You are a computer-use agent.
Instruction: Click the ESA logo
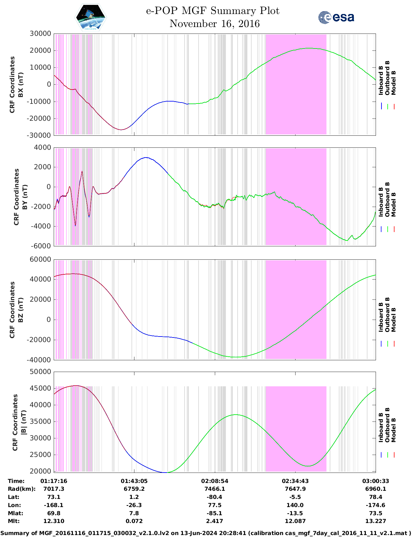[336, 17]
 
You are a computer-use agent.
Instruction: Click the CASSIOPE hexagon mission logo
[91, 17]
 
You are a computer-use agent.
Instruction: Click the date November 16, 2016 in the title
[214, 24]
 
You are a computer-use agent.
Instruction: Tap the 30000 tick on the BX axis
[40, 34]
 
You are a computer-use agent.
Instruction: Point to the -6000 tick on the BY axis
[41, 246]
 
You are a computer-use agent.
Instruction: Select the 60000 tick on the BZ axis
[40, 259]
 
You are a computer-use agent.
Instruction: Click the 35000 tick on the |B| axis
[40, 421]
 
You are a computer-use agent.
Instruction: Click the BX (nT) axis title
[21, 85]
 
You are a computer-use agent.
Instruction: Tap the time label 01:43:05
[134, 481]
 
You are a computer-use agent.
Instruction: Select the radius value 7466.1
[214, 489]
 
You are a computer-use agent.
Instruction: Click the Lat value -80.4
[214, 497]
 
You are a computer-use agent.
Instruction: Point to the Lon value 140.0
[295, 505]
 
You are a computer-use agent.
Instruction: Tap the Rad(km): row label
[21, 489]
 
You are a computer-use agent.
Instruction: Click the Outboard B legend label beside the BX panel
[387, 78]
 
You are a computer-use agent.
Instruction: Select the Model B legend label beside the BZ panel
[394, 320]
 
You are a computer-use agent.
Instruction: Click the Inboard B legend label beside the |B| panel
[381, 427]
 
